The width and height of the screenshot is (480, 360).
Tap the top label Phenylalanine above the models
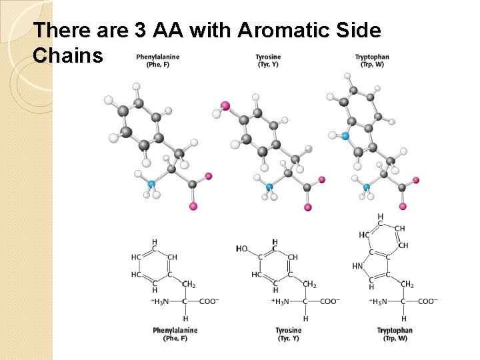point(158,57)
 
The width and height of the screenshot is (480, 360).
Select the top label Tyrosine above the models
point(268,57)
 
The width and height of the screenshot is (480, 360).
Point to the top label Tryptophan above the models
point(372,57)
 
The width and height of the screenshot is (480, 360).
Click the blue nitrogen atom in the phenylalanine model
point(151,184)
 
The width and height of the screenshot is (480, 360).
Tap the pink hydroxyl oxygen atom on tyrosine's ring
point(225,105)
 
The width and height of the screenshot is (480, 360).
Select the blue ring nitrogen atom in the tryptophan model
point(345,136)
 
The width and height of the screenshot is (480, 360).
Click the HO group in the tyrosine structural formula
point(241,249)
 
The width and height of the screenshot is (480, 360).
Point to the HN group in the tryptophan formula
point(358,267)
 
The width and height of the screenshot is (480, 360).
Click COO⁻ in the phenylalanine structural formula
point(208,301)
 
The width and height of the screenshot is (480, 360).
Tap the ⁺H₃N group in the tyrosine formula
point(283,301)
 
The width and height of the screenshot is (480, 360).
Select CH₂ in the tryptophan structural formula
point(407,285)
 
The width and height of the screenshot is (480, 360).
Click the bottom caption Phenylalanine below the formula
point(175,330)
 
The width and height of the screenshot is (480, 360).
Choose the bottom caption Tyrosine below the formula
point(289,330)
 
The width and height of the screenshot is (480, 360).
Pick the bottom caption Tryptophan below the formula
point(395,330)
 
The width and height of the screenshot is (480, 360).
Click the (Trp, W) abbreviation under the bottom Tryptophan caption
point(395,339)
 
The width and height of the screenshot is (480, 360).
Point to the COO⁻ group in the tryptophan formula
point(427,301)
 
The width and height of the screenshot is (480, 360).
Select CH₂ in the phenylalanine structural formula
point(188,285)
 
